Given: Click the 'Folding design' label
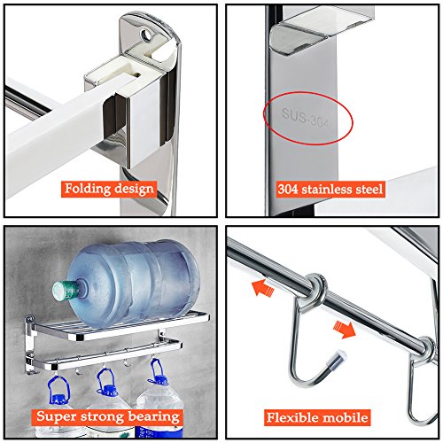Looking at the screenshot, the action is (109, 189).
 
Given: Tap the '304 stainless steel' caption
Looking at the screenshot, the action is (330, 190).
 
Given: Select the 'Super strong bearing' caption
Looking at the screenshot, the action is (107, 416).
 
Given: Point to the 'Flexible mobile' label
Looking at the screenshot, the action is (317, 417).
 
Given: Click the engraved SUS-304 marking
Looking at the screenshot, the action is (305, 118).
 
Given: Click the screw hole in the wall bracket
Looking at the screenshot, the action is (145, 35).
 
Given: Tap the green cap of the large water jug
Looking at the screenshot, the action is (63, 291).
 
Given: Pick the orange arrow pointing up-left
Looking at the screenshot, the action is (263, 288).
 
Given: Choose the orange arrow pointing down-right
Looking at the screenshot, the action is (345, 330).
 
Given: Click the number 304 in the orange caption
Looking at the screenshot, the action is (288, 190).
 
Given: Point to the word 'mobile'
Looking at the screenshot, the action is (345, 417).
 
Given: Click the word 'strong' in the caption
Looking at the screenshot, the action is (103, 417).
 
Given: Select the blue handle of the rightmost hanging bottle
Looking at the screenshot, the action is (158, 371).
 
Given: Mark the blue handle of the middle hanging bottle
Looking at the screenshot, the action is (107, 381).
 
